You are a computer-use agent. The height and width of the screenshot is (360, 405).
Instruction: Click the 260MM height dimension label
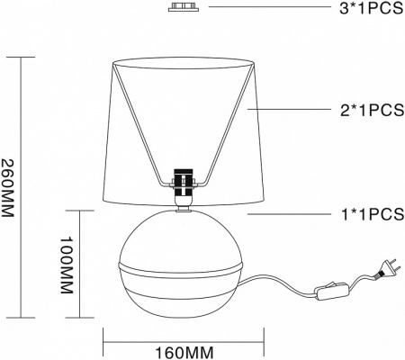click(x=7, y=187)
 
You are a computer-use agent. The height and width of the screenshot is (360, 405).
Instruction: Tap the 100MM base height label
click(x=67, y=265)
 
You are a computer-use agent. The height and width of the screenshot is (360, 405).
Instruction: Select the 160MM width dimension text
click(x=184, y=353)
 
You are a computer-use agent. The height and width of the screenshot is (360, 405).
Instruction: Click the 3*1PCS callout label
click(x=372, y=8)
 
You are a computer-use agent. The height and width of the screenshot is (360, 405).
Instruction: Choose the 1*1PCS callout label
click(x=373, y=214)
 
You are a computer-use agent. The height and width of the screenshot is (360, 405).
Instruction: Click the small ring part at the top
click(x=184, y=7)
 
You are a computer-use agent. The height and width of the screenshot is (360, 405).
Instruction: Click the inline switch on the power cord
click(x=332, y=290)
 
